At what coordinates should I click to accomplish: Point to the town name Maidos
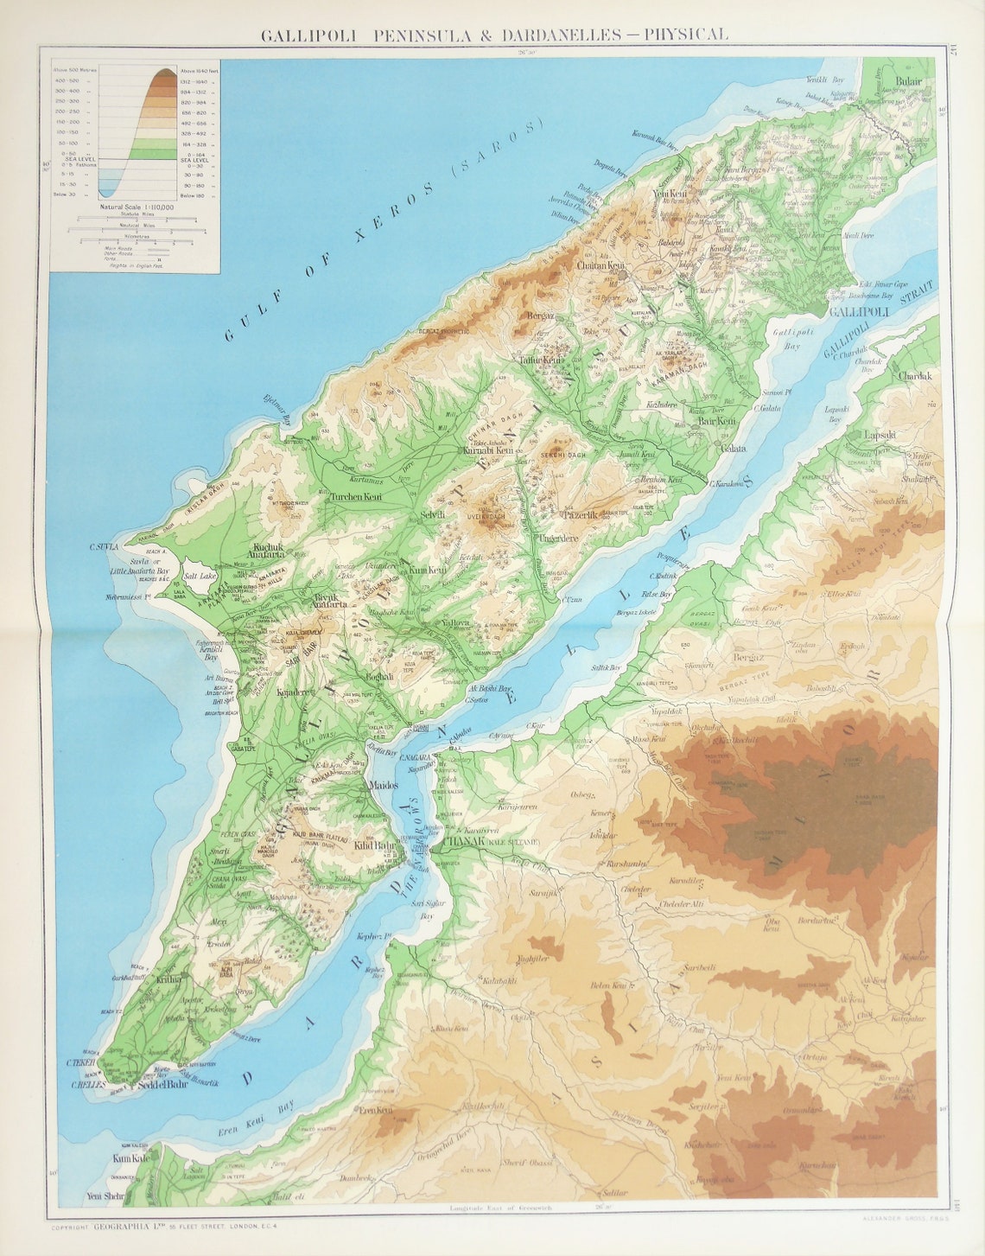click(382, 786)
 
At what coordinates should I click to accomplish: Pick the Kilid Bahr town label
click(374, 846)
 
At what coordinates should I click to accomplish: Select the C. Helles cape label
click(87, 1086)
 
